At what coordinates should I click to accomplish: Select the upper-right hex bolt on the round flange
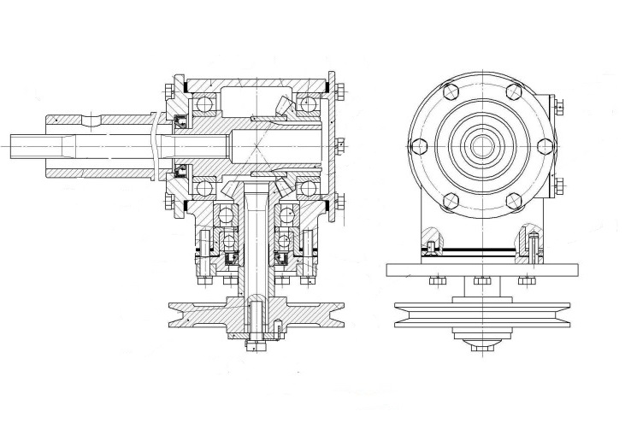point(514,91)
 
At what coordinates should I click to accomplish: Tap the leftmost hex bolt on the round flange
point(417,145)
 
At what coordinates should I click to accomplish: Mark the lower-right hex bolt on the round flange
point(514,201)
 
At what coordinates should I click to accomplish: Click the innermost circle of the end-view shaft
point(481,146)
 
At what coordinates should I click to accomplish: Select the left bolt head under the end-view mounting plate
point(436,280)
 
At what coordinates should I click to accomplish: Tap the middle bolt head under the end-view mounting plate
point(481,280)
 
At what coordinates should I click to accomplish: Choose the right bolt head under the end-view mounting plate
point(528,280)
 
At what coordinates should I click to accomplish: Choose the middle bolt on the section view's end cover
point(339,146)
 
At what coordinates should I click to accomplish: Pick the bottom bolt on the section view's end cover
point(339,203)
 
